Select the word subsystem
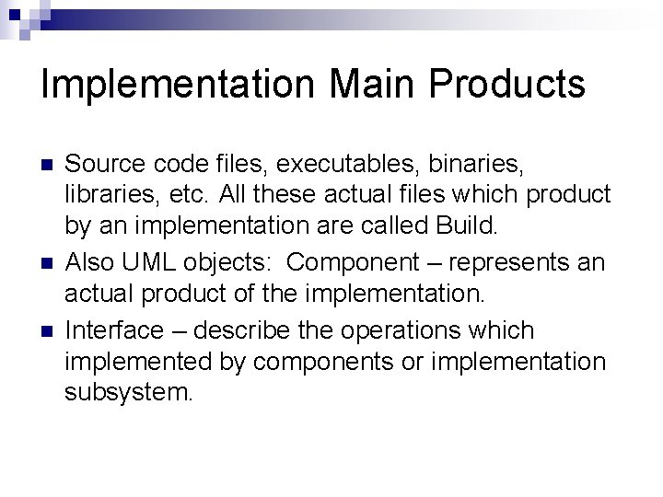(x=129, y=395)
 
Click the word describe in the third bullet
(x=250, y=329)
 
